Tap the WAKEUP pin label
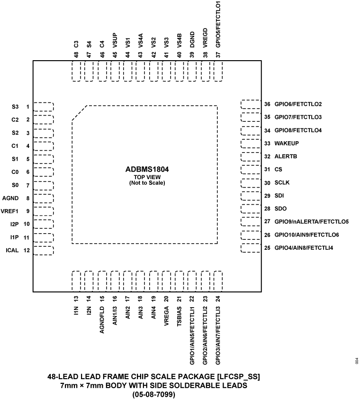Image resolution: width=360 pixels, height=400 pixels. tap(287, 143)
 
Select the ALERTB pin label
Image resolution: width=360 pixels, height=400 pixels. tap(285, 156)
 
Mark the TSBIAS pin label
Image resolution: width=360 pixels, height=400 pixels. tap(179, 315)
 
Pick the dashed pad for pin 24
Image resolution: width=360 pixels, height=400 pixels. tap(218, 281)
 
